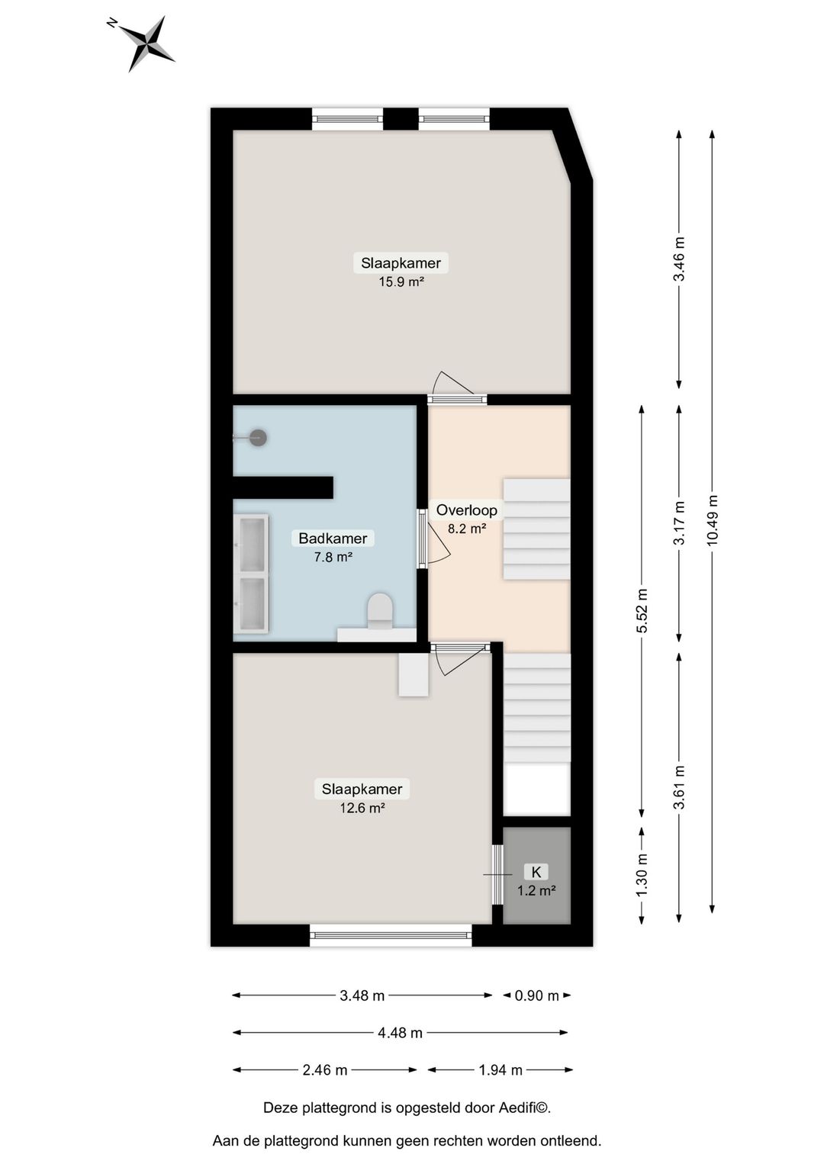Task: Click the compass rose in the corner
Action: pyautogui.click(x=145, y=43)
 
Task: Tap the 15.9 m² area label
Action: pyautogui.click(x=401, y=281)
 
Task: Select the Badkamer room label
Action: pyautogui.click(x=333, y=539)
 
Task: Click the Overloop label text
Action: pyautogui.click(x=466, y=510)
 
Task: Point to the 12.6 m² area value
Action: pyautogui.click(x=362, y=808)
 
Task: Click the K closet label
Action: pyautogui.click(x=536, y=872)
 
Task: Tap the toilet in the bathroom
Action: pyautogui.click(x=379, y=612)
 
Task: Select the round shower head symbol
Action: pyautogui.click(x=259, y=438)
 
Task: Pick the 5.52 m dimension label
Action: pyautogui.click(x=642, y=610)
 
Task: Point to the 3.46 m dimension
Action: pyautogui.click(x=678, y=259)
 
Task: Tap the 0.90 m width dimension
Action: pyautogui.click(x=537, y=995)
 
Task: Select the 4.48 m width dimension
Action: pyautogui.click(x=400, y=1033)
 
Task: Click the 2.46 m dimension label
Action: pyautogui.click(x=325, y=1070)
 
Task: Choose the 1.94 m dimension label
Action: pyautogui.click(x=501, y=1070)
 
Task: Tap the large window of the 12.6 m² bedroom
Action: pyautogui.click(x=391, y=935)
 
